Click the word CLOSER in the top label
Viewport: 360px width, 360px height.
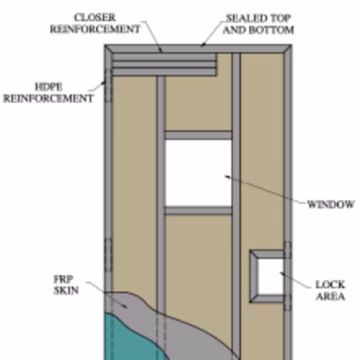tap(95, 17)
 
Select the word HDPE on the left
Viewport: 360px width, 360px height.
tap(49, 87)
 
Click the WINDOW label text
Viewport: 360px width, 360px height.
tap(330, 204)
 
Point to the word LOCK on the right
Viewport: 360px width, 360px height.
tap(330, 285)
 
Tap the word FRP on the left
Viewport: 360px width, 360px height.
tap(63, 279)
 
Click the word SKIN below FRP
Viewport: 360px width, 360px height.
tap(66, 290)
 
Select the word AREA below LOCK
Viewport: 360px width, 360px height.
tap(330, 297)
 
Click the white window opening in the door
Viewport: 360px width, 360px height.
tap(198, 173)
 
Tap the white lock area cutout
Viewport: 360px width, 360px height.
tap(271, 277)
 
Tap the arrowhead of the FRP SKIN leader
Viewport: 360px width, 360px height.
tap(125, 306)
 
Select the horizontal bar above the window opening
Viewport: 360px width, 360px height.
tap(198, 135)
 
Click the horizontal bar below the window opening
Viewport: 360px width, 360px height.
tap(198, 210)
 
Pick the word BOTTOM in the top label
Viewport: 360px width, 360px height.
tap(271, 30)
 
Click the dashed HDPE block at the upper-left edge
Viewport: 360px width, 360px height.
tap(109, 86)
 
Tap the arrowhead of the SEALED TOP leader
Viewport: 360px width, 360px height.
tap(203, 45)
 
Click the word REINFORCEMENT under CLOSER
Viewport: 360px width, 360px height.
tap(95, 30)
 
